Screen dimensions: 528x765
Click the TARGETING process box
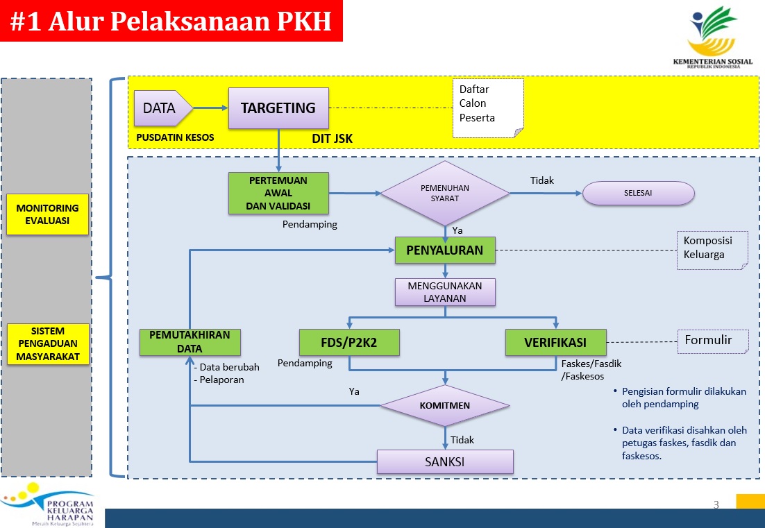coord(278,108)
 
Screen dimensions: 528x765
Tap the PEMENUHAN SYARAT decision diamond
coord(444,193)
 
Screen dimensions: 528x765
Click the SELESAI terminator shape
coord(638,193)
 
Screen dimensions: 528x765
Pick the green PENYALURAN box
coord(445,250)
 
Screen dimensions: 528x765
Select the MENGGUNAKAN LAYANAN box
coord(445,292)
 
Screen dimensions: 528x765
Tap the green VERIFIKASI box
coord(555,343)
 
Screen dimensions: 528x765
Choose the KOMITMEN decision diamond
coord(444,405)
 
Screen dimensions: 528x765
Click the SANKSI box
coord(445,462)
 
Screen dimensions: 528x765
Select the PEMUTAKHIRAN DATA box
coord(190,342)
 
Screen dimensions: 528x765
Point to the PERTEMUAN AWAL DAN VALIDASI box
coord(278,193)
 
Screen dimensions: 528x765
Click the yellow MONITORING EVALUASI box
coord(48,214)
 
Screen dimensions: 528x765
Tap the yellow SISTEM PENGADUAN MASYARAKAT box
coord(48,343)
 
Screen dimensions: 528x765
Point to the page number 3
coord(716,504)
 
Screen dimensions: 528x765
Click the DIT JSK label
coord(332,139)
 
